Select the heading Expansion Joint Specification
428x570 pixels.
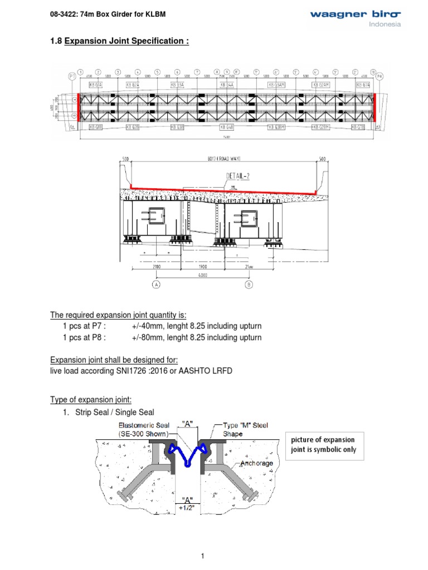[127, 41]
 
